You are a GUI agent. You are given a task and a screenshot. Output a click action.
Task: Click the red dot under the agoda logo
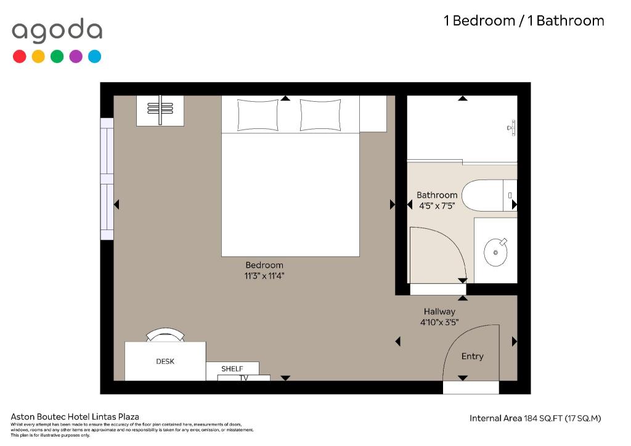[19, 56]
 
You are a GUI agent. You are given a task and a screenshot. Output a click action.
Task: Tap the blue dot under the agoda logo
[94, 56]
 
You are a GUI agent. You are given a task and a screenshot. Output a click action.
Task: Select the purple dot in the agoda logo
[76, 56]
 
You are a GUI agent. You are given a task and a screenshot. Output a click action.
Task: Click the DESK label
[165, 361]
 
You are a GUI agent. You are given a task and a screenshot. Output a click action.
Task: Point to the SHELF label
[232, 369]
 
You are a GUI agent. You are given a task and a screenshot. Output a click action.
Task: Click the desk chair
[165, 335]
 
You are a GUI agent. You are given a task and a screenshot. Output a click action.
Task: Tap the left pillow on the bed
[258, 115]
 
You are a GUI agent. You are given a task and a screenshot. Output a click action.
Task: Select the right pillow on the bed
[320, 115]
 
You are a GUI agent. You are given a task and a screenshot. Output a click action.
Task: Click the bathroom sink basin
[495, 252]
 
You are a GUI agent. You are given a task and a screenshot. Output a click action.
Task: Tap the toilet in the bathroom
[489, 196]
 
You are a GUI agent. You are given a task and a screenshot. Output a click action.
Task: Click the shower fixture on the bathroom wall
[511, 128]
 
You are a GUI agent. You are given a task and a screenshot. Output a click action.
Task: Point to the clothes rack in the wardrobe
[160, 110]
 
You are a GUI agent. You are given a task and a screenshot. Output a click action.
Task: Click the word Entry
[473, 356]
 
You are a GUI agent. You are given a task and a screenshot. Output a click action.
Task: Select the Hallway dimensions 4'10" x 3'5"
[439, 322]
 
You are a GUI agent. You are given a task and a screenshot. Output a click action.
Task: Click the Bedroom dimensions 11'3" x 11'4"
[264, 276]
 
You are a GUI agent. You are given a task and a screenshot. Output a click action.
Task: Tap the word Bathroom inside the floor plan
[437, 195]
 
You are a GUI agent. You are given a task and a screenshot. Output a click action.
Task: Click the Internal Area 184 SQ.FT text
[535, 418]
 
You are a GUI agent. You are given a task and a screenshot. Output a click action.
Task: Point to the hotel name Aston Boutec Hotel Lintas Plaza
[75, 416]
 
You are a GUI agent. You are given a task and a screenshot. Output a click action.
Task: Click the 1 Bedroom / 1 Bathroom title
[524, 20]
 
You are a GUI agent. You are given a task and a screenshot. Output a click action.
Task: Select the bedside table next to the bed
[373, 114]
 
